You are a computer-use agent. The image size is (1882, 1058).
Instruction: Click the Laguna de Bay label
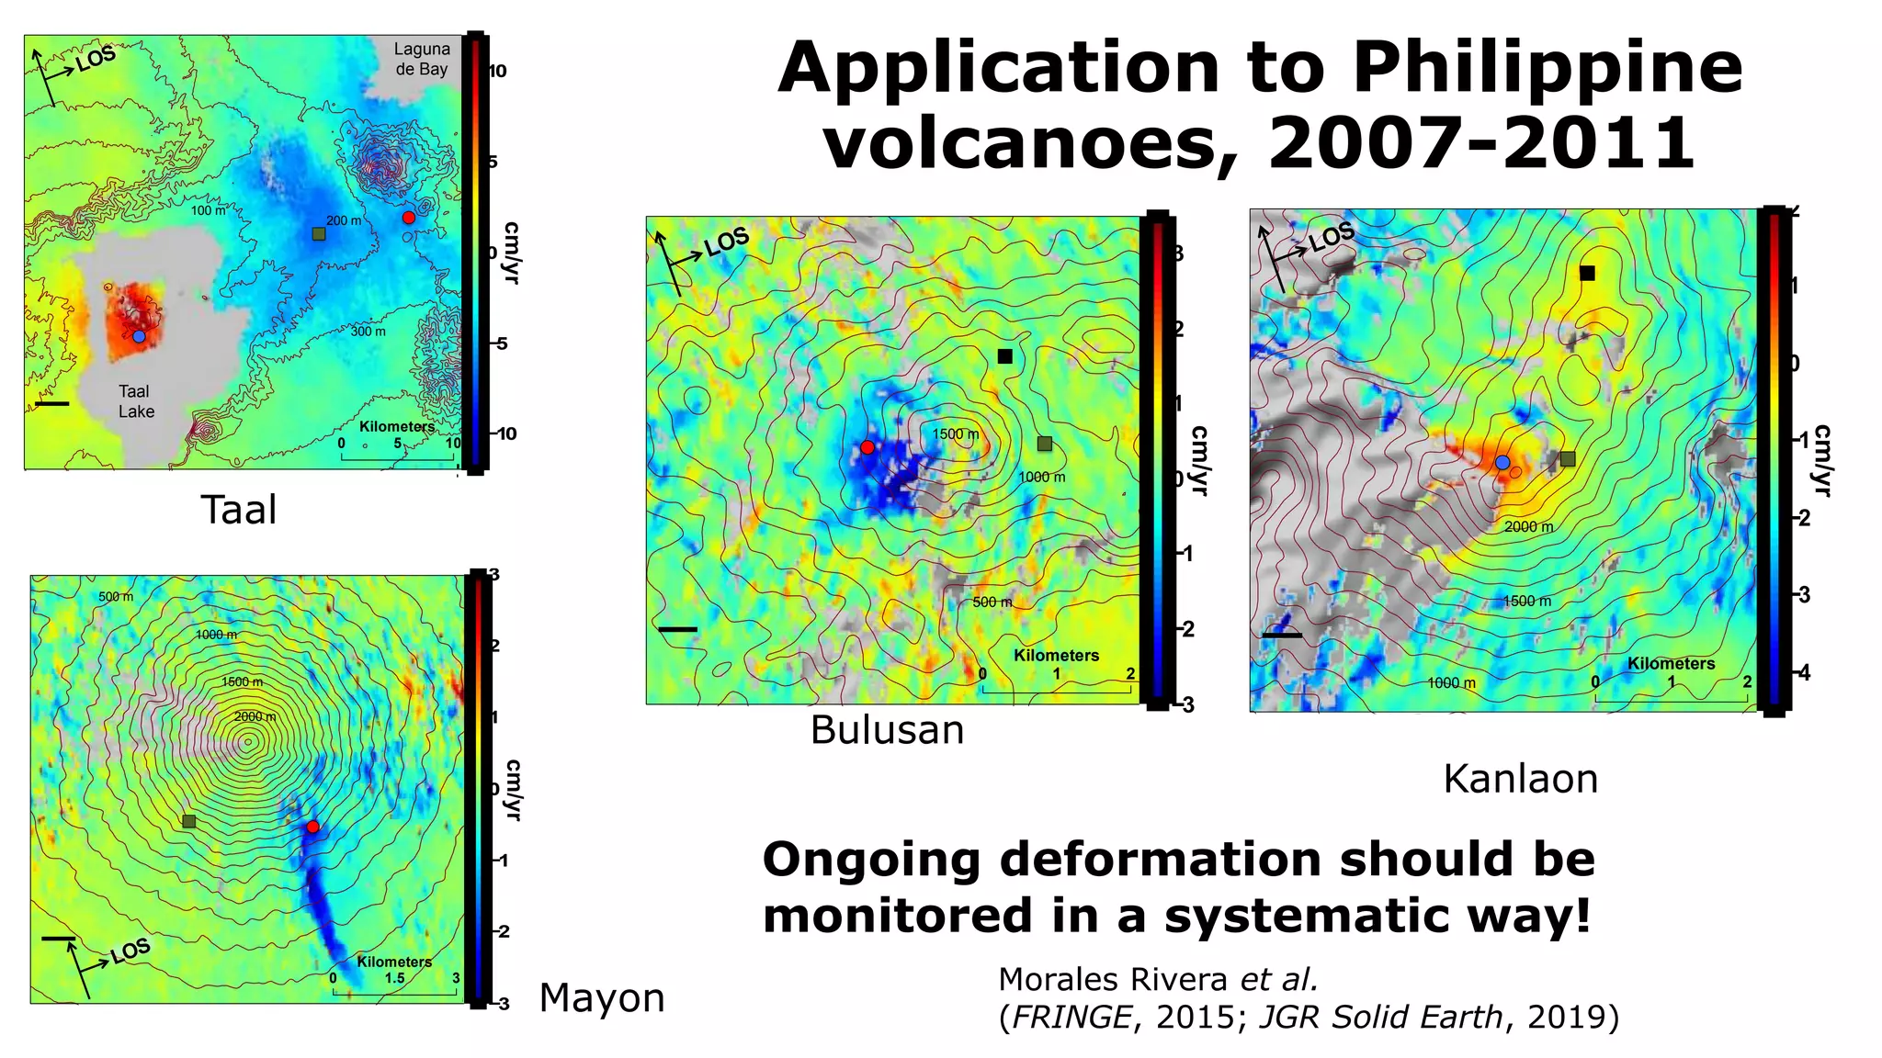point(422,59)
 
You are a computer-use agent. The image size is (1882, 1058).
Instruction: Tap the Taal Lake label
point(136,401)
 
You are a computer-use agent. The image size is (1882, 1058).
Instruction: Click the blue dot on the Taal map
point(139,337)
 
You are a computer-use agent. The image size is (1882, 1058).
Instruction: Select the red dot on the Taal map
point(408,218)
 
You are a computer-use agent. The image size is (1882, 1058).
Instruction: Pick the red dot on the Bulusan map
point(867,447)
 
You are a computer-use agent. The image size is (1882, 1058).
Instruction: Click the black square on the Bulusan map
point(1005,356)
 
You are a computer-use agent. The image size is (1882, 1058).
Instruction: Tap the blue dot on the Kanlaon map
point(1502,463)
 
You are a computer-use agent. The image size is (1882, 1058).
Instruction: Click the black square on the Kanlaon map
point(1587,274)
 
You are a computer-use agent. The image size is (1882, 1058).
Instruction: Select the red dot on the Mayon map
point(312,827)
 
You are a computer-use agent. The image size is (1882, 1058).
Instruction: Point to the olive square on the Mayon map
point(189,821)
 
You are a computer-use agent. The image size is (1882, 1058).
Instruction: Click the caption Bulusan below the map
point(887,730)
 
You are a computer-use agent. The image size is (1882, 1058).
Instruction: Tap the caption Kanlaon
point(1520,779)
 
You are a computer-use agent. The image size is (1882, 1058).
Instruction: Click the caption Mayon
point(602,997)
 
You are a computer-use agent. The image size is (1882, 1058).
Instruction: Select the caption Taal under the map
point(238,510)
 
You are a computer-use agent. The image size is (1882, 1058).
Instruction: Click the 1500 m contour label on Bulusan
point(956,434)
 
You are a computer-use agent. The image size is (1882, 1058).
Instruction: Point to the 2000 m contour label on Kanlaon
point(1528,527)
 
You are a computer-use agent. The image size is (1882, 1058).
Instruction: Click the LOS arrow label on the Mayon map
point(130,951)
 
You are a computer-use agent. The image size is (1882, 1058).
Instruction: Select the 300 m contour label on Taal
point(368,332)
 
